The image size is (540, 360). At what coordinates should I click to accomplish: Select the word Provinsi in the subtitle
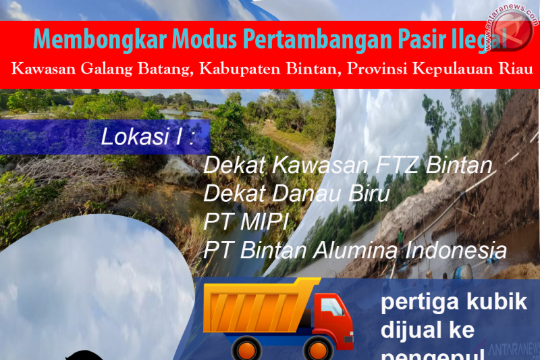coord(378,69)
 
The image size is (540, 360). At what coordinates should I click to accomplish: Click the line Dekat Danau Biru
coord(297,195)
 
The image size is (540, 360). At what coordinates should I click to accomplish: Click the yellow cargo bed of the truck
coord(259,307)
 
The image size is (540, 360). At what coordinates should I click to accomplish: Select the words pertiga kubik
coord(454,302)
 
